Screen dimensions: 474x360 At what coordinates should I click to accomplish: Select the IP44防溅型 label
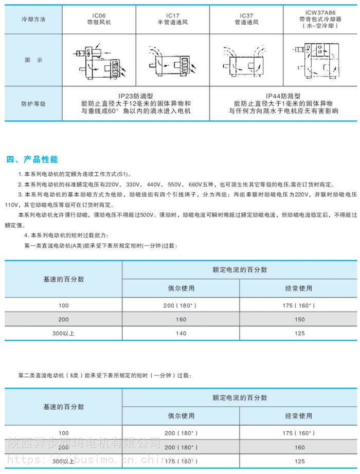[283, 96]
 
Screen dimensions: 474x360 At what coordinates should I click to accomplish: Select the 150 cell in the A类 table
[298, 319]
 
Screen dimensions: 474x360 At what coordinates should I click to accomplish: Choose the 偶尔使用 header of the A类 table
[181, 288]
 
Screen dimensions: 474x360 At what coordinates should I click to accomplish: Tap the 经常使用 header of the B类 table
[298, 416]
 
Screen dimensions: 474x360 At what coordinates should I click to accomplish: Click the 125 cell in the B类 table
[298, 461]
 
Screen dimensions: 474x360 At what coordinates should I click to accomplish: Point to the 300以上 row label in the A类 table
[63, 333]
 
